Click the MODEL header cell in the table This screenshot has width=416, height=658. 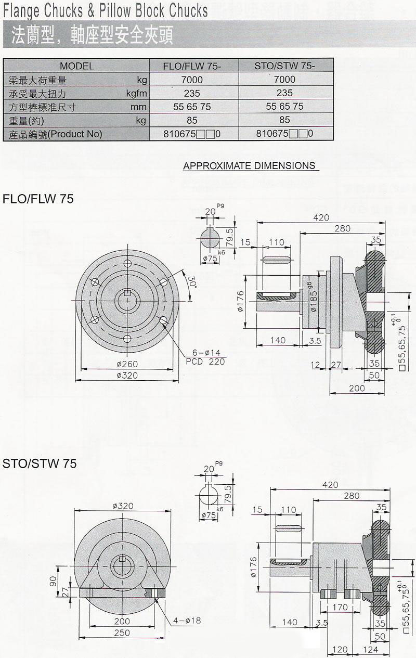click(x=77, y=66)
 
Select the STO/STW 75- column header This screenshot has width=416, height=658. click(x=284, y=66)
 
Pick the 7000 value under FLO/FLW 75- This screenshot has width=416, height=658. click(x=192, y=80)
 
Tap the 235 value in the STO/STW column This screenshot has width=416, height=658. click(x=284, y=93)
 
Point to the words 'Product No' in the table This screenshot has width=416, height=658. click(x=75, y=134)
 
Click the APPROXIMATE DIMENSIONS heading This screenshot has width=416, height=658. click(x=250, y=165)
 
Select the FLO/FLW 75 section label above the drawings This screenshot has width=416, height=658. click(x=38, y=199)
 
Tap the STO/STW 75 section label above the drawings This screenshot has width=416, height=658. click(x=40, y=463)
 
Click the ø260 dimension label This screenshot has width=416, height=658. click(x=126, y=364)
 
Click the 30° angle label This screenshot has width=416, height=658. click(x=192, y=282)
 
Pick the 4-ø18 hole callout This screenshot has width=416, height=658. click(x=187, y=620)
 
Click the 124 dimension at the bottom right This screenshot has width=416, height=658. click(x=370, y=650)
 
